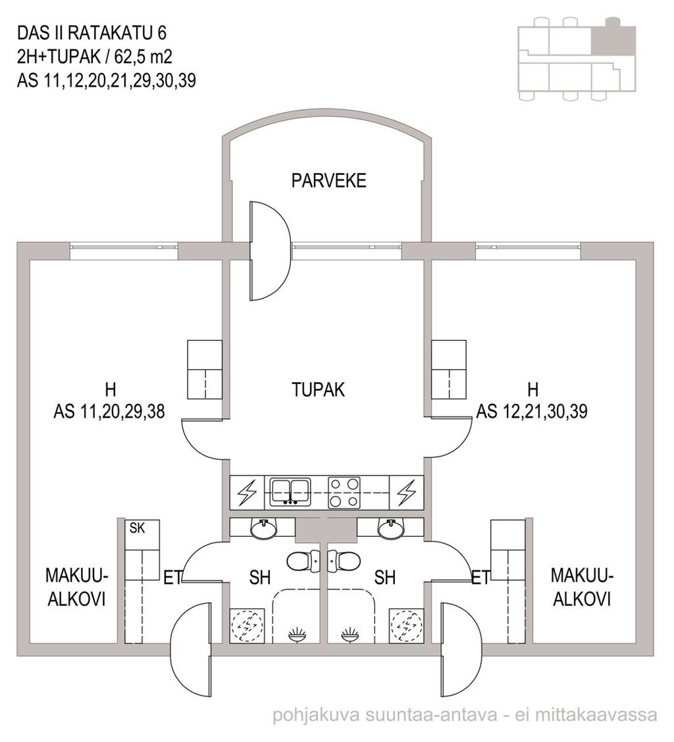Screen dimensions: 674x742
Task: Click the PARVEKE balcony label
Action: [x=328, y=181]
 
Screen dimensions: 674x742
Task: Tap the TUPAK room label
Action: [x=319, y=390]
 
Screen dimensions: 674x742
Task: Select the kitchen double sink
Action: [x=290, y=491]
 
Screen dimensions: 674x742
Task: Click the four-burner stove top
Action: [x=344, y=493]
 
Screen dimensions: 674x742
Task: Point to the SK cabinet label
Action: [x=138, y=528]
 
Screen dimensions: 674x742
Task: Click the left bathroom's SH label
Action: [x=260, y=578]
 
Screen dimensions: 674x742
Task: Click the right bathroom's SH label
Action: [x=384, y=578]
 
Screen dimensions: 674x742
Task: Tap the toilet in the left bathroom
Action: [x=303, y=561]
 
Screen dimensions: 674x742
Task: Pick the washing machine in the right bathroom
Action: [x=405, y=626]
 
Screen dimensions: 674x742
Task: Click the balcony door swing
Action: [x=270, y=251]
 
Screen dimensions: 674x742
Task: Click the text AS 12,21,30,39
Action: [x=531, y=411]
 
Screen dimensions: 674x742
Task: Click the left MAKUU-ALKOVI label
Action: [x=76, y=587]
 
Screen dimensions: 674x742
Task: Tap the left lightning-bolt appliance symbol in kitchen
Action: [x=247, y=493]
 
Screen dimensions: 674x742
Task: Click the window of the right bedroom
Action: [x=528, y=247]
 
